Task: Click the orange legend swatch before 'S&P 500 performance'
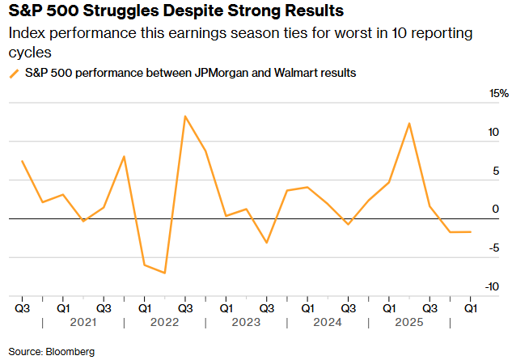pyautogui.click(x=14, y=73)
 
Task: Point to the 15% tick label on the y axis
pyautogui.click(x=498, y=94)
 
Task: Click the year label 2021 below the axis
pyautogui.click(x=83, y=322)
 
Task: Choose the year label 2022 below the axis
pyautogui.click(x=165, y=322)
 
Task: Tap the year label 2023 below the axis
pyautogui.click(x=246, y=322)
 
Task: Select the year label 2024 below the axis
pyautogui.click(x=328, y=322)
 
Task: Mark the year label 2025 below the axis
pyautogui.click(x=409, y=322)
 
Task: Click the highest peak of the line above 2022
pyautogui.click(x=185, y=116)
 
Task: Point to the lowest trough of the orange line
pyautogui.click(x=165, y=273)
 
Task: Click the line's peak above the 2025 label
pyautogui.click(x=409, y=124)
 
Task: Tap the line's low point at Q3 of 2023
pyautogui.click(x=267, y=243)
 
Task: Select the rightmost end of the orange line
pyautogui.click(x=471, y=232)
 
